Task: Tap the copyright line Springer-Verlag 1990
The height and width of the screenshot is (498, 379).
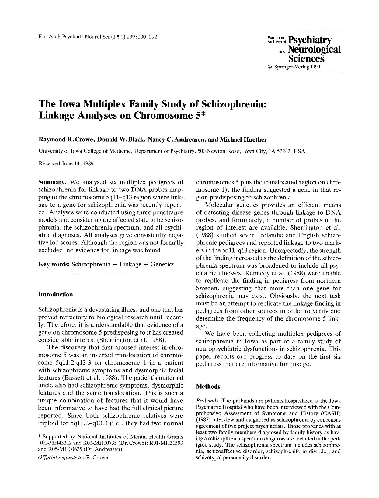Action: click(294, 67)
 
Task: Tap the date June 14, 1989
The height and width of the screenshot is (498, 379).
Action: click(77, 163)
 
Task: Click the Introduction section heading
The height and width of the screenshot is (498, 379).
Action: click(56, 295)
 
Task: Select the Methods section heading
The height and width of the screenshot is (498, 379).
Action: click(208, 387)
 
